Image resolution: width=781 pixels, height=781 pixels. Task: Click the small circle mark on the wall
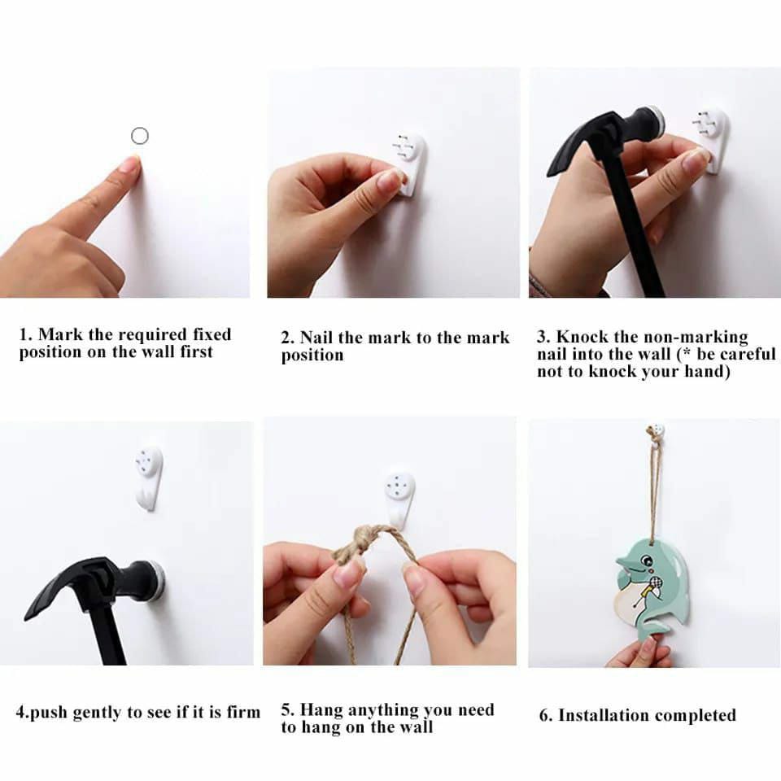139,136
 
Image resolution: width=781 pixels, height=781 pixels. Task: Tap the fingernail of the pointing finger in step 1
130,165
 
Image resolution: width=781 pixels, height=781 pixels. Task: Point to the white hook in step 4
149,476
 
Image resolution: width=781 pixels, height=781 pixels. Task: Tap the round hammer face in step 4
155,580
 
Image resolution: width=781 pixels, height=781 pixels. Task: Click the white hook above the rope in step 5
399,496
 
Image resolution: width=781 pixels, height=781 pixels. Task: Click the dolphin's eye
647,561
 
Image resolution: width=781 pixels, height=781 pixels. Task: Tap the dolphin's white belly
628,600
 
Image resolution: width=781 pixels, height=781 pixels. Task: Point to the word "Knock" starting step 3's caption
580,337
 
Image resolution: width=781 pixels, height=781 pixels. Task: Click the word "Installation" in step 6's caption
603,716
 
